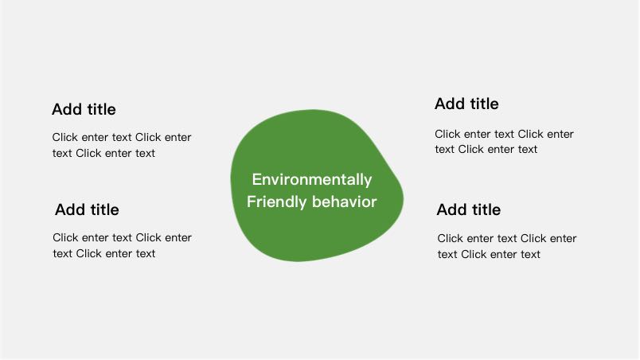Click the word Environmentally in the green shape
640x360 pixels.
[x=312, y=180]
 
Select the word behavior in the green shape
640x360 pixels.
[x=344, y=202]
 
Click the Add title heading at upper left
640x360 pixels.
[x=84, y=109]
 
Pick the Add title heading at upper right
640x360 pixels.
[x=466, y=104]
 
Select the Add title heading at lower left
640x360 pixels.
[x=87, y=209]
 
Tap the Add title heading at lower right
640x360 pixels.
[x=469, y=209]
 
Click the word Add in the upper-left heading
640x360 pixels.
[x=67, y=109]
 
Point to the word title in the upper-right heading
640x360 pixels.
[x=484, y=104]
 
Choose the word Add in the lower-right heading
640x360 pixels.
[x=452, y=209]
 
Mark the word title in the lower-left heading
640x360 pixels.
[x=104, y=209]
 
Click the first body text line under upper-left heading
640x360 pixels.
[x=122, y=137]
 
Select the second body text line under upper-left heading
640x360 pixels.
[x=103, y=153]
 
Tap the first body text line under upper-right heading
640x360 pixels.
[x=504, y=134]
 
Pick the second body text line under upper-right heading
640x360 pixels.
[x=486, y=150]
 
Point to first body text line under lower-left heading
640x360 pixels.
[x=122, y=237]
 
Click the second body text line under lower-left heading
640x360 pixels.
[x=104, y=253]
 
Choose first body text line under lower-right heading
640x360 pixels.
[x=507, y=238]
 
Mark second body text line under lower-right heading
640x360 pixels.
[x=489, y=254]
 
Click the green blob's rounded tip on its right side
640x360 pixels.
[x=403, y=198]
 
